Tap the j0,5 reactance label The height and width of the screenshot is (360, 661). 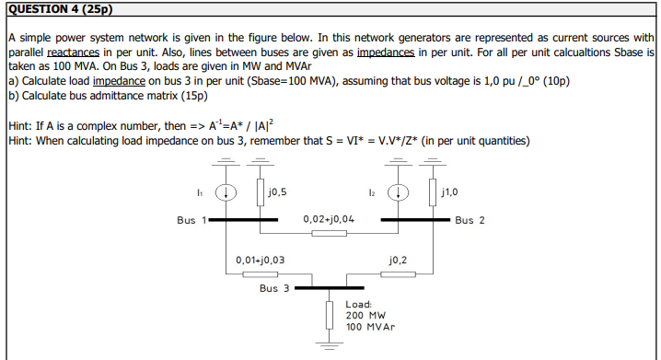(x=276, y=192)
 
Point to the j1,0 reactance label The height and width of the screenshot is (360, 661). (x=450, y=192)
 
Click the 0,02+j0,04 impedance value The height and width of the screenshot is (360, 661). (x=329, y=220)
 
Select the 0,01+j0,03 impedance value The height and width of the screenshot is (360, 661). (x=260, y=261)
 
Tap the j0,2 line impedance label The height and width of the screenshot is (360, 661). (x=399, y=261)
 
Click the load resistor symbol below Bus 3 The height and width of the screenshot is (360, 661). (x=329, y=315)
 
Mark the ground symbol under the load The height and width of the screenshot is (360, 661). (x=329, y=345)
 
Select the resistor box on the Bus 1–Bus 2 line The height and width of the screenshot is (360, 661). (x=329, y=234)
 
